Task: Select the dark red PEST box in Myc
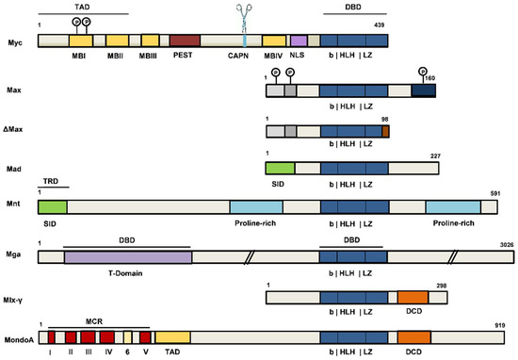coord(185,41)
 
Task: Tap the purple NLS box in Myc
coord(299,41)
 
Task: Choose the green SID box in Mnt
coord(53,205)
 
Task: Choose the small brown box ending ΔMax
coord(384,132)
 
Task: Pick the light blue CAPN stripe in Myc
coord(246,41)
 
